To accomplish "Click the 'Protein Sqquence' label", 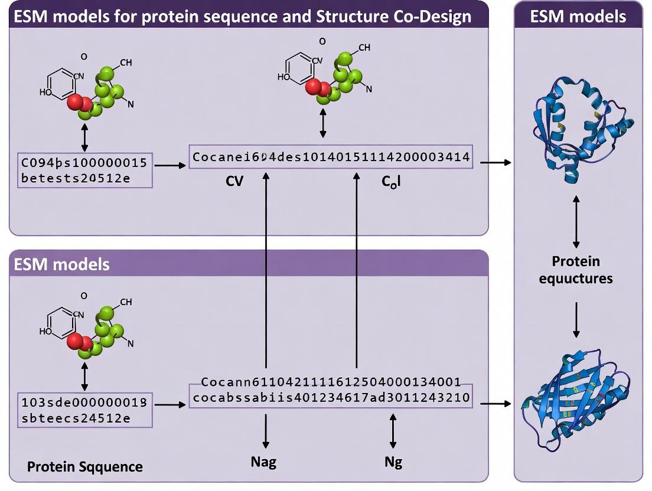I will tap(85, 467).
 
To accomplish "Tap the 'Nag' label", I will tap(263, 461).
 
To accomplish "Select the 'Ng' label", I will tap(393, 461).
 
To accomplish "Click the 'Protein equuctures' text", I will tap(576, 269).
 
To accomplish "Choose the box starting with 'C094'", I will tap(85, 171).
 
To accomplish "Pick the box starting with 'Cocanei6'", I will tap(331, 157).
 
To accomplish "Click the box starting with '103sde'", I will tap(85, 410).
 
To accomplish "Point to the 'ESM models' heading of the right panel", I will tap(578, 15).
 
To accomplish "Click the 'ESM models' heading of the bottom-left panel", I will tap(61, 264).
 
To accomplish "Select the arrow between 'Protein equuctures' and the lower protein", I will tap(576, 319).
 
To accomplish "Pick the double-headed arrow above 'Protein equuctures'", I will tap(576, 221).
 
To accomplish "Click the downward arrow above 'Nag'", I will tap(266, 430).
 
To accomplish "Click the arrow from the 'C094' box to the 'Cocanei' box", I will tap(169, 165).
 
